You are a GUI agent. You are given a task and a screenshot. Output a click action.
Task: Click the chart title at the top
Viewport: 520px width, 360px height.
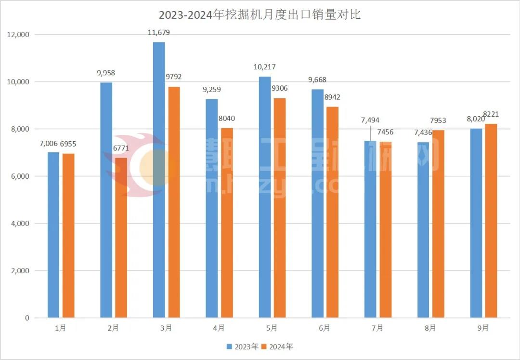point(260,15)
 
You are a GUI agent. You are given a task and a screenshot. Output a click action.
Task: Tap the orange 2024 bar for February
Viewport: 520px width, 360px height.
point(121,238)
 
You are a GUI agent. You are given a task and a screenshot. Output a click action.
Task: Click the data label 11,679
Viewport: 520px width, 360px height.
point(159,32)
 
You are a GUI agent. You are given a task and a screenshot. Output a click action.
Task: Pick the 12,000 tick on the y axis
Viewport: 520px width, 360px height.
point(18,35)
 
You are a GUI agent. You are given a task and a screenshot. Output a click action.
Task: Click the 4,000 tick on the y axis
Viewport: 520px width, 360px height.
point(20,224)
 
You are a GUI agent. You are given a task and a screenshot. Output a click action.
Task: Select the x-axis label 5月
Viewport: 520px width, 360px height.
point(272,328)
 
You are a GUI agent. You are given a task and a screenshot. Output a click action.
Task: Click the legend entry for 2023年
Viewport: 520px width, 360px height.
point(243,347)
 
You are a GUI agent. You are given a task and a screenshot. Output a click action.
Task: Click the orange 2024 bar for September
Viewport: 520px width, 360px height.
point(491,221)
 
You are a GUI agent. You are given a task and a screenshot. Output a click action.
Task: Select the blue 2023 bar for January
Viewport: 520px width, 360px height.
point(53,235)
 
